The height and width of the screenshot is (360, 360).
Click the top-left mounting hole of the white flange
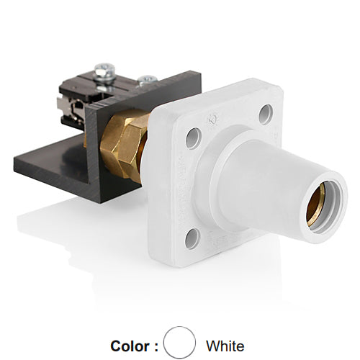click(193, 138)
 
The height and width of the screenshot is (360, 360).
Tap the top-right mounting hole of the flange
click(266, 114)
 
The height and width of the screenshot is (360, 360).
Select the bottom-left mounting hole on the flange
click(192, 238)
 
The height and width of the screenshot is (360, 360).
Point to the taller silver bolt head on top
click(105, 70)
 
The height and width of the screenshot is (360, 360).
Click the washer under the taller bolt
click(105, 79)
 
